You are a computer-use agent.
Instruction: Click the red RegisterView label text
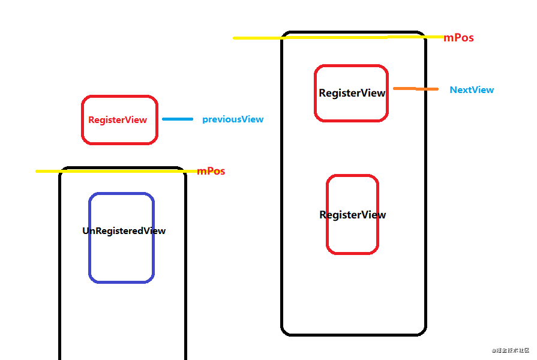click(118, 120)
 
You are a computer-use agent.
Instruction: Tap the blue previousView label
click(233, 119)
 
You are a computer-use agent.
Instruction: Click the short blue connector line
click(178, 119)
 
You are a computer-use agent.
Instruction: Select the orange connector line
click(416, 89)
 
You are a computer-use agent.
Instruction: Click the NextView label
click(472, 90)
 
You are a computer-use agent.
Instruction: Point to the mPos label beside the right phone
click(458, 38)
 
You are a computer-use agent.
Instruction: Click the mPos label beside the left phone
click(211, 171)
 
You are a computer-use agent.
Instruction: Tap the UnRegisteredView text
click(124, 231)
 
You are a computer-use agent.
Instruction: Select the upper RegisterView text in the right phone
click(352, 94)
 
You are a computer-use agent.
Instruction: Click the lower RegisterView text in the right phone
click(353, 215)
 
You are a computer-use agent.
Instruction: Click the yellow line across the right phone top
click(336, 38)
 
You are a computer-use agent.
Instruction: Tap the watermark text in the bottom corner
click(511, 350)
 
